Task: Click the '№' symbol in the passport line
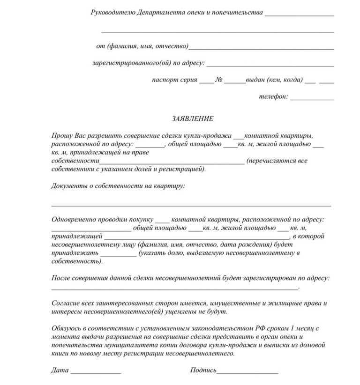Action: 218,80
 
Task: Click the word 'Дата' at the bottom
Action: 60,370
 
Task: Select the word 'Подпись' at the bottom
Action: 203,370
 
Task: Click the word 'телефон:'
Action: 273,97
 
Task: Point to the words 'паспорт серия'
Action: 173,80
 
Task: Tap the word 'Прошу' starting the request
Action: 61,135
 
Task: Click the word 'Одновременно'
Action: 75,220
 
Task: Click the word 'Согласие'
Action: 65,304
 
